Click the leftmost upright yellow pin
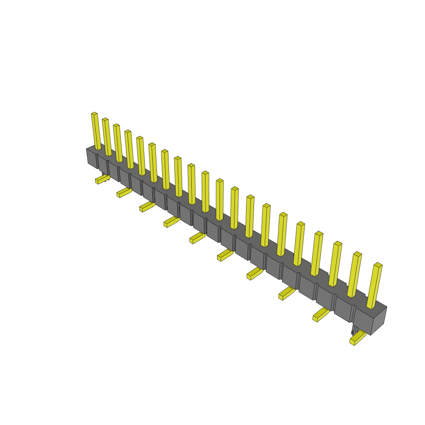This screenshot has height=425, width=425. (x=96, y=131)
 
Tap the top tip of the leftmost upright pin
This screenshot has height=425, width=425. (x=94, y=113)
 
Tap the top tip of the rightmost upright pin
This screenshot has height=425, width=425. (x=378, y=264)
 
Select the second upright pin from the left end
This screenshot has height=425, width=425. (x=107, y=137)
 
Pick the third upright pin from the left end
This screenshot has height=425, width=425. (x=118, y=143)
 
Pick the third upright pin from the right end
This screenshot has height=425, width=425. (x=335, y=264)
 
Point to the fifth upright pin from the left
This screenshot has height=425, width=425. (x=141, y=156)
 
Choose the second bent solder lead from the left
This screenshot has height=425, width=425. (x=124, y=193)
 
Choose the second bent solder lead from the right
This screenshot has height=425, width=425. (x=321, y=315)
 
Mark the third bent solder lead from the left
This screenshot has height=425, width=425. (x=147, y=206)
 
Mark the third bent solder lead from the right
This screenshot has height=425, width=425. (x=286, y=293)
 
